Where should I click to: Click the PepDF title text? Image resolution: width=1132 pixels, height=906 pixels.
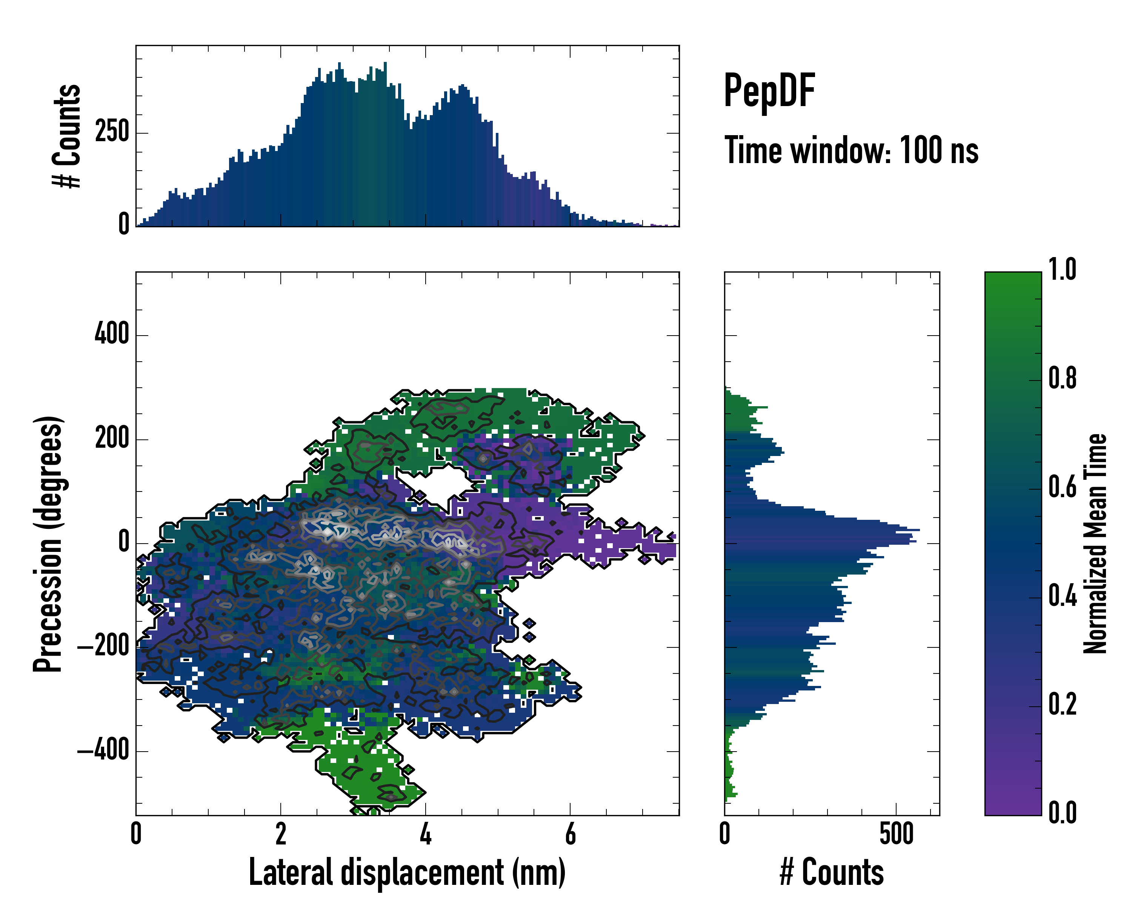[x=769, y=90]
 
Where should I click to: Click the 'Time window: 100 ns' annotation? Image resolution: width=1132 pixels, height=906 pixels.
[x=851, y=150]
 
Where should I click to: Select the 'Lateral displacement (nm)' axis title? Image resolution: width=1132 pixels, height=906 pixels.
[x=407, y=872]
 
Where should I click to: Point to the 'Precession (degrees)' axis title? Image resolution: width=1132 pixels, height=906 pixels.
[x=48, y=544]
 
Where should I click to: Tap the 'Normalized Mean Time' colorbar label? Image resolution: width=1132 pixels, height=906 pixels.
[x=1095, y=544]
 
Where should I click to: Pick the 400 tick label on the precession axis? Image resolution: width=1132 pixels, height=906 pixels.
[x=111, y=334]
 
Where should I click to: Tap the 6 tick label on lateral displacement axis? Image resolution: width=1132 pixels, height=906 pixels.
[x=570, y=834]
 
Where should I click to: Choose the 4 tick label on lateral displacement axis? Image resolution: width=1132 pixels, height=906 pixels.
[x=425, y=834]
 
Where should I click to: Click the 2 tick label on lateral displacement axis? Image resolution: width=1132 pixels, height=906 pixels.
[x=281, y=834]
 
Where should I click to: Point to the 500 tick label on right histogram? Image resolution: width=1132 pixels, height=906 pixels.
[x=896, y=834]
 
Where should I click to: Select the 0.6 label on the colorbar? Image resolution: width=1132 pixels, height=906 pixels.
[x=1062, y=487]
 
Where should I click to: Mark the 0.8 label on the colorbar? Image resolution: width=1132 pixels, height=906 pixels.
[x=1062, y=378]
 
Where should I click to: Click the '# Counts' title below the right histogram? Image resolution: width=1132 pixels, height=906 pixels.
[x=832, y=872]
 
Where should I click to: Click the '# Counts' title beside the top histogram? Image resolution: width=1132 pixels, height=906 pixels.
[x=67, y=136]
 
